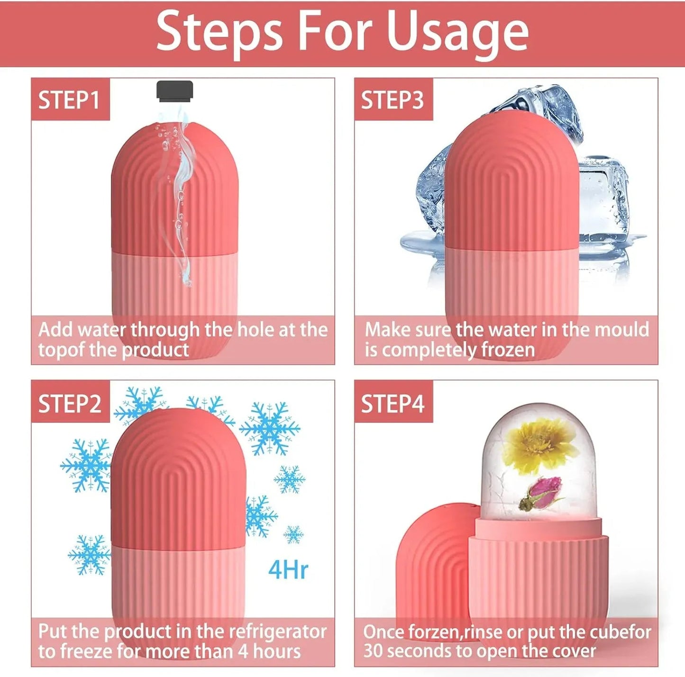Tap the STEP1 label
coord(69,100)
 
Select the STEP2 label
coord(70,404)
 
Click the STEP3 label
coord(393,100)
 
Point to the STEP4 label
coord(393,404)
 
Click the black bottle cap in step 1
coord(174,91)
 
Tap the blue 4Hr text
coord(288,570)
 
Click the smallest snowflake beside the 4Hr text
coord(293,534)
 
